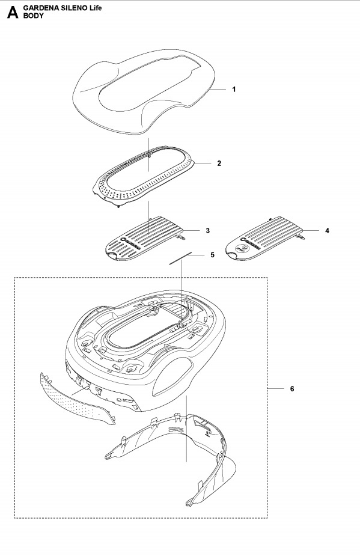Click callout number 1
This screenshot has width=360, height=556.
tap(234, 89)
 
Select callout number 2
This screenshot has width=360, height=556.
tap(219, 163)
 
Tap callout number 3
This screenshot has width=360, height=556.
tap(207, 231)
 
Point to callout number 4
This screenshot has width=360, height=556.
tap(327, 231)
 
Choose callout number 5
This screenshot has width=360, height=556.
tap(212, 255)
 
